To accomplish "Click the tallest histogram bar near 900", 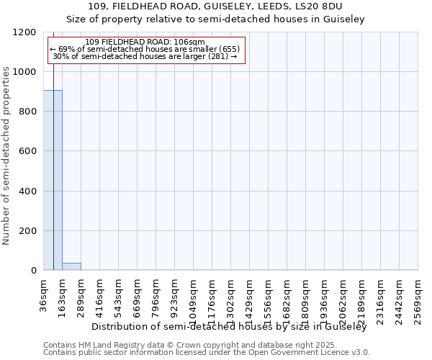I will coord(53,180).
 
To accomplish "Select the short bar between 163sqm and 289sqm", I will coord(71,266).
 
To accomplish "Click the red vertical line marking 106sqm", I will coord(53,144).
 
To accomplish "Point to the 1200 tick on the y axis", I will coord(29,32).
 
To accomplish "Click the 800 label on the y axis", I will coord(29,112).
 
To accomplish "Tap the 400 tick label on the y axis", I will coord(29,192).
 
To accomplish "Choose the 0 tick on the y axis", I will coord(33,271).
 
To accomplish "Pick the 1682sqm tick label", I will coord(287,296).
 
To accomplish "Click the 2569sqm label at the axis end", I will coord(418,296).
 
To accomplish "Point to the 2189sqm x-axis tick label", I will coord(362,296).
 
